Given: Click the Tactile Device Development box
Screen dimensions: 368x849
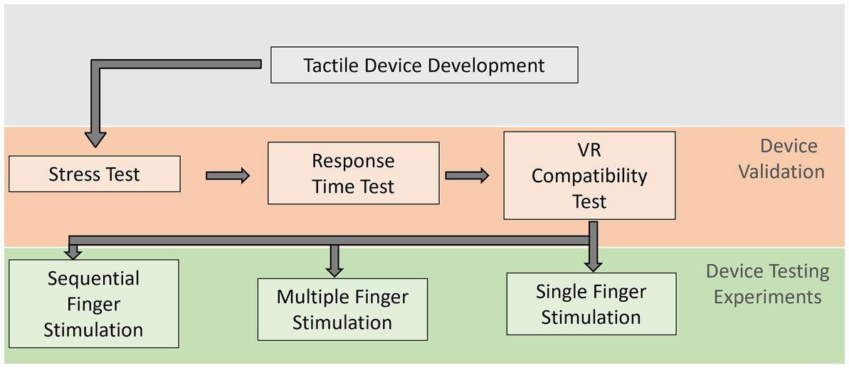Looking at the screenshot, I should tap(424, 66).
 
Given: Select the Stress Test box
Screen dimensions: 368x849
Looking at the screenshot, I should tap(95, 174).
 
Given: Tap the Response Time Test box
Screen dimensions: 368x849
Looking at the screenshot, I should tap(353, 173).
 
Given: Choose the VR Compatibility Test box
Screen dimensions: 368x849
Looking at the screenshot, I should tap(589, 175).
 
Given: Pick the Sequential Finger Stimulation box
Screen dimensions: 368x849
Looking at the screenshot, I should tap(93, 304).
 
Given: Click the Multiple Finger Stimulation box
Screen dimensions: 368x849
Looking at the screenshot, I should tap(342, 309).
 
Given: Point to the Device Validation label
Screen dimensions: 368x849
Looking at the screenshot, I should tap(781, 159).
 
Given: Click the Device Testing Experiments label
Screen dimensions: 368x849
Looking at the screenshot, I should tap(767, 283).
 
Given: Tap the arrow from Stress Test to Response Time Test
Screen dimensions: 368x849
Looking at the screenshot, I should tap(228, 175).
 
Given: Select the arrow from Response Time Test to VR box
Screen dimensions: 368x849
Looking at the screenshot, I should tap(467, 175).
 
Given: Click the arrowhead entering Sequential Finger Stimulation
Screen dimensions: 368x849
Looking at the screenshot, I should tap(73, 252).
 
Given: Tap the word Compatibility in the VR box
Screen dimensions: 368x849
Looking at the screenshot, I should tap(589, 176).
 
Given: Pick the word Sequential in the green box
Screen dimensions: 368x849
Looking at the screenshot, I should tap(93, 278).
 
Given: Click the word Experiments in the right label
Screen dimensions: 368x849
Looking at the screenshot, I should tap(767, 296).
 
